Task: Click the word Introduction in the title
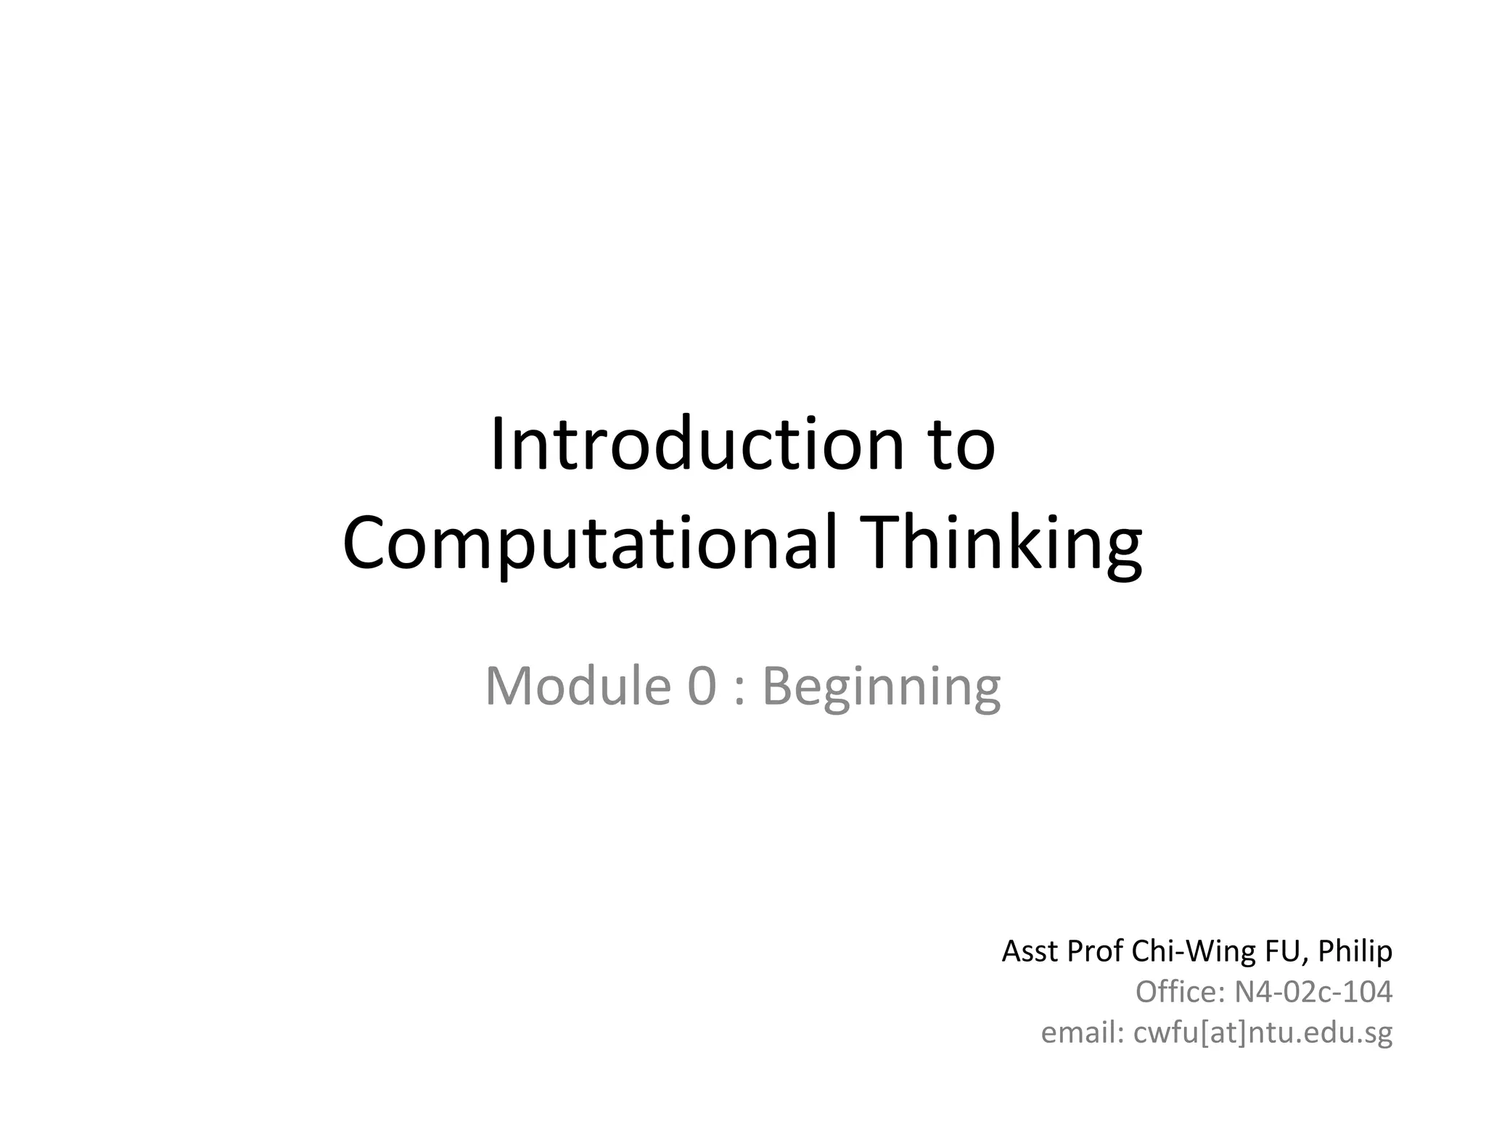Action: click(x=697, y=444)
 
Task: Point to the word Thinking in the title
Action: click(x=1002, y=542)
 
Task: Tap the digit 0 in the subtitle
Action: click(x=702, y=686)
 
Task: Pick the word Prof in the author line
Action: click(x=1095, y=951)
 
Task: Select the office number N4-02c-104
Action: click(x=1313, y=991)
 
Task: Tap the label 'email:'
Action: click(x=1083, y=1032)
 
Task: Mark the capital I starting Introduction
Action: click(x=498, y=444)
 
